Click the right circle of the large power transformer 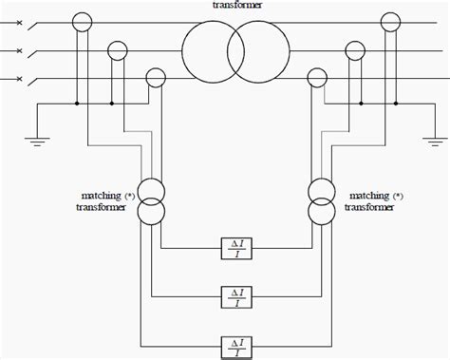click(x=253, y=49)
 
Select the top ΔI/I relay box click(x=235, y=249)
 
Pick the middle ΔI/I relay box click(x=235, y=296)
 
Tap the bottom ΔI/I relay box click(x=235, y=345)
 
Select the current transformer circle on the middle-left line click(x=117, y=48)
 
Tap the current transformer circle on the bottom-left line click(x=154, y=78)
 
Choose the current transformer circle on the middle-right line click(x=357, y=48)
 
